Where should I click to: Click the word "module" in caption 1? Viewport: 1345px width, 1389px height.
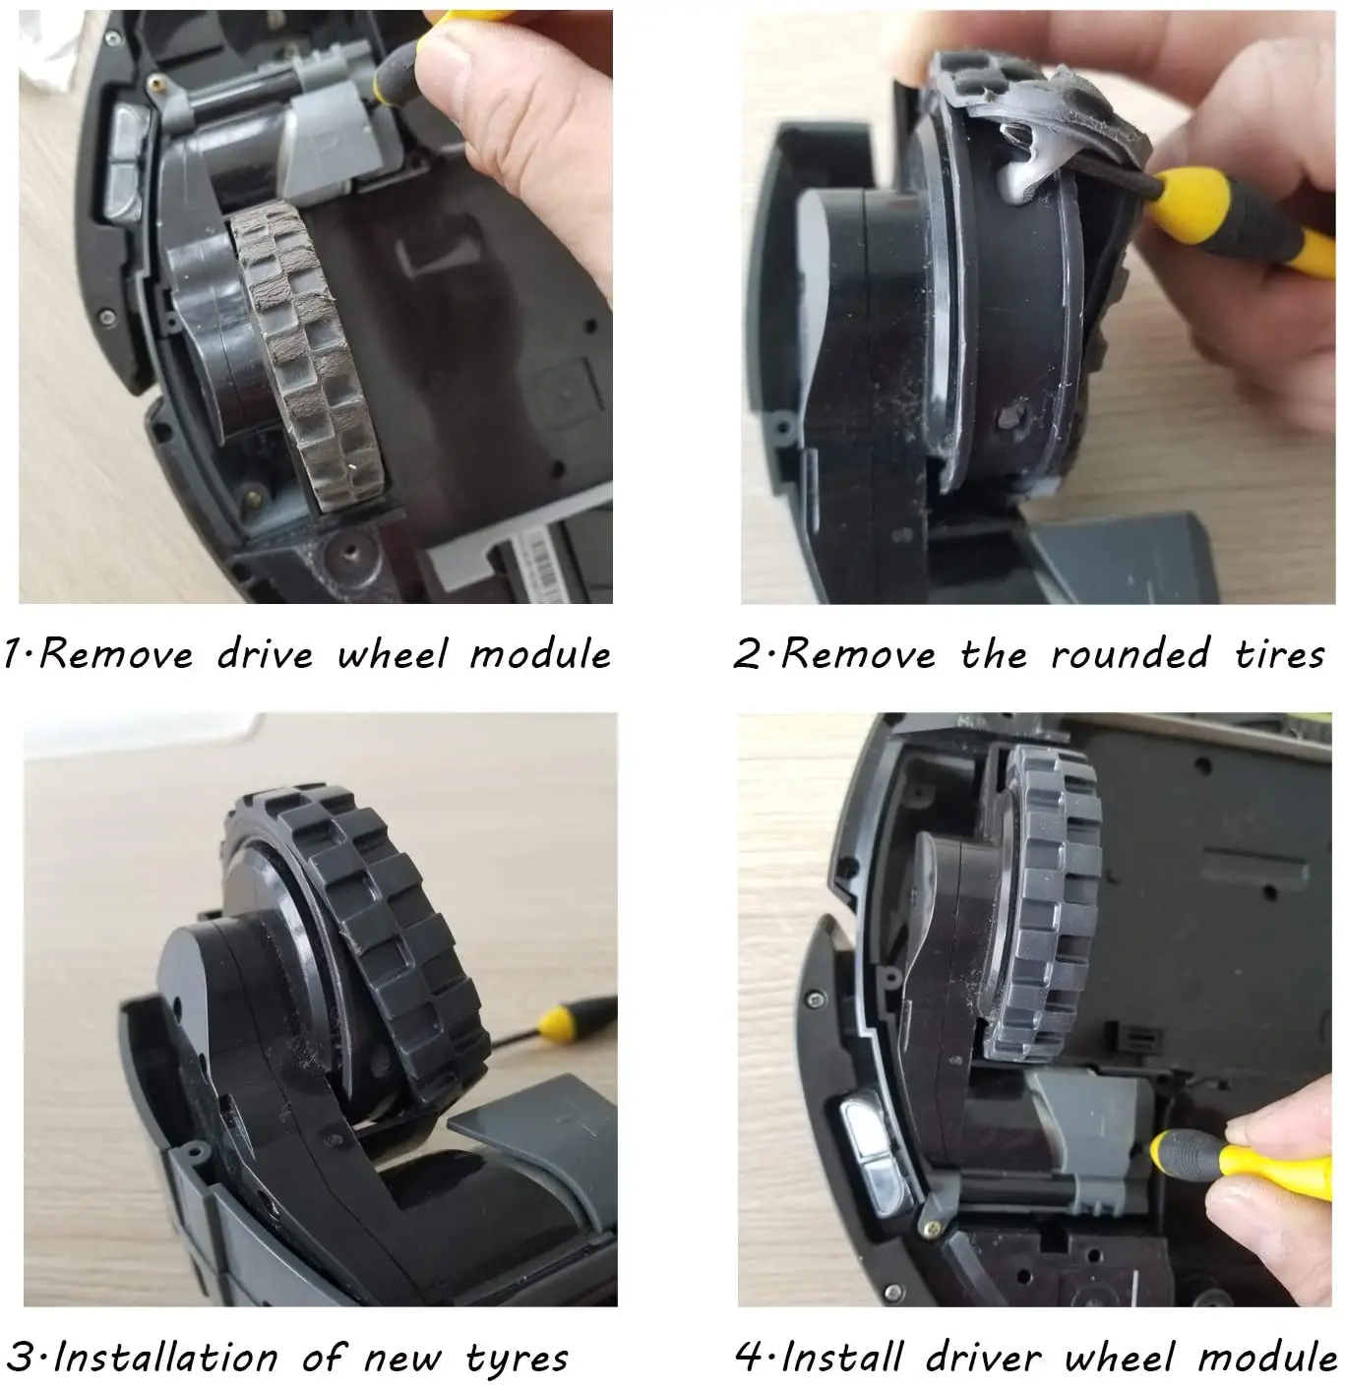pyautogui.click(x=540, y=654)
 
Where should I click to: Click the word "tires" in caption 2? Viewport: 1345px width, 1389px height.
pyautogui.click(x=1280, y=654)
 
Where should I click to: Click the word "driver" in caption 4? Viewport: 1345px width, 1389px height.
pyautogui.click(x=984, y=1359)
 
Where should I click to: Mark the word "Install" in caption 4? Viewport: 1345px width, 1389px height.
pyautogui.click(x=842, y=1359)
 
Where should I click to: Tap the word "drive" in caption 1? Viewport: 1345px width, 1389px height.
pyautogui.click(x=265, y=654)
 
